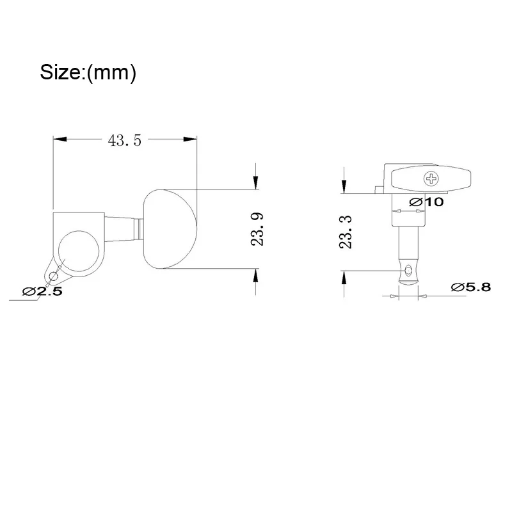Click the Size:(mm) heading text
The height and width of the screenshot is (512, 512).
88,72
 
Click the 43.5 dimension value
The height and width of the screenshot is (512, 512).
125,140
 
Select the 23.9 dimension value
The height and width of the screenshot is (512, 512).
257,229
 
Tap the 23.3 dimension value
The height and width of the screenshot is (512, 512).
346,232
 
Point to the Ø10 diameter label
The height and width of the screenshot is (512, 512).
426,202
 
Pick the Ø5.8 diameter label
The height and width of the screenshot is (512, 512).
471,287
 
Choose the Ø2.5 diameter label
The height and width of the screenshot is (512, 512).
42,291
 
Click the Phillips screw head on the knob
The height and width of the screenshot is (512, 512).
431,179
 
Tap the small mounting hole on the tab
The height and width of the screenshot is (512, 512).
53,277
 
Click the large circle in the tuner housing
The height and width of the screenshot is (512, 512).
79,251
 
